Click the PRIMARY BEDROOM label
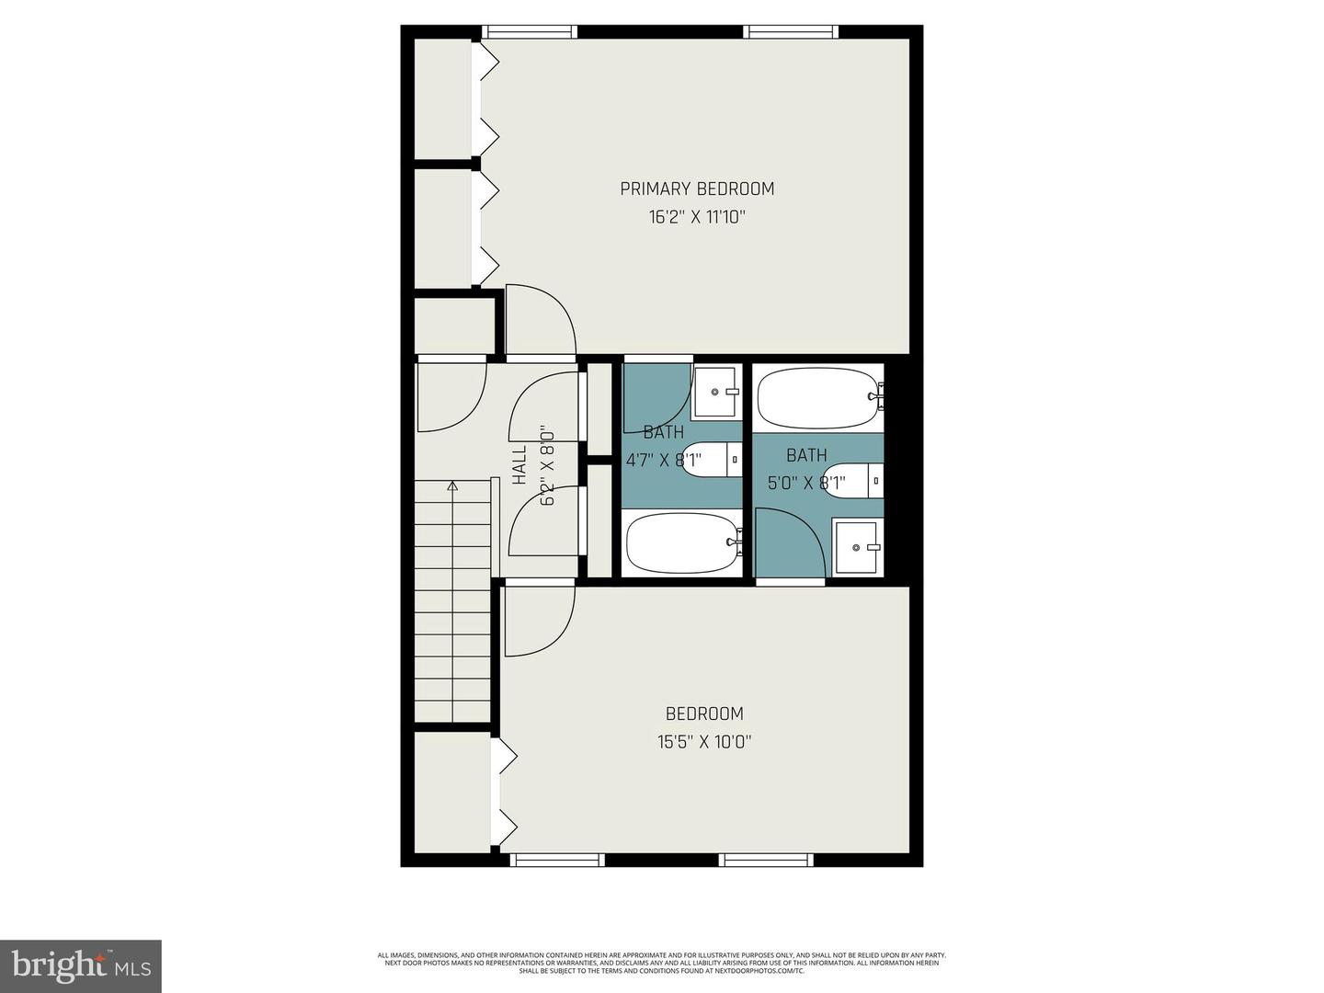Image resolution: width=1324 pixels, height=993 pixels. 697,188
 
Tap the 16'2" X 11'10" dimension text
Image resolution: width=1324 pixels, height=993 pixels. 697,218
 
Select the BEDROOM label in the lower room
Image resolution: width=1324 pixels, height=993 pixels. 704,713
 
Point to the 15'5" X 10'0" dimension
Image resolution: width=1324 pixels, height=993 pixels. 704,742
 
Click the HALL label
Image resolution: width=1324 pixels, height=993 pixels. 519,465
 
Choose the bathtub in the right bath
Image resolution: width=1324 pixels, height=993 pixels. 817,397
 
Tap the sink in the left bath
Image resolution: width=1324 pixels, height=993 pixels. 716,392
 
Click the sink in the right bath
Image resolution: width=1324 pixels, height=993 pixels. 857,547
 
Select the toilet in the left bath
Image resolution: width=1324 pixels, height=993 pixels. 712,460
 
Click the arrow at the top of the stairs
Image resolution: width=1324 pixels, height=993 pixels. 451,486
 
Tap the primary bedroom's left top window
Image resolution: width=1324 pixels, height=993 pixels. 531,31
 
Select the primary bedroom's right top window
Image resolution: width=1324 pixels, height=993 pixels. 791,31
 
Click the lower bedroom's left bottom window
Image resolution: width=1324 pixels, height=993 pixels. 556,861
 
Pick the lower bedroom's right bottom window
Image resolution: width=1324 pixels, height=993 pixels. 766,861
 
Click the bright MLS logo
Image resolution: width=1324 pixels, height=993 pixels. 81,965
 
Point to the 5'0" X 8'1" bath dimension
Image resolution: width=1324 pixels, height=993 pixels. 806,481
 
